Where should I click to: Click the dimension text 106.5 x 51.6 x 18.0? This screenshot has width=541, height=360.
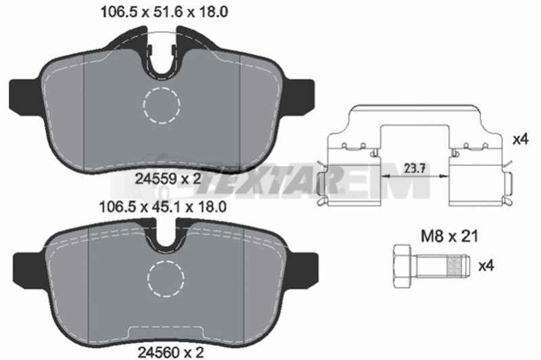pos(164,12)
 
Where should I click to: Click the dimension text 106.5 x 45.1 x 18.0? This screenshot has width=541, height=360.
pos(162,207)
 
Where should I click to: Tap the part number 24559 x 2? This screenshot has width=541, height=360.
pos(168,179)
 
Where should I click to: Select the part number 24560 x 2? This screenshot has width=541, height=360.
pos(171,352)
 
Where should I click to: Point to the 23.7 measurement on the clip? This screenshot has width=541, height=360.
pos(415,168)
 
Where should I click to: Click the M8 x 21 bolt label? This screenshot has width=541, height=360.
pos(450,237)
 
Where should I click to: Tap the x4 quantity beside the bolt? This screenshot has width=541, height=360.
pos(486,266)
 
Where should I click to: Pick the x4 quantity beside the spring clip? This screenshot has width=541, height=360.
pos(521,139)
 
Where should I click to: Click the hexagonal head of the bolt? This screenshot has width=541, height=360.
pos(402,266)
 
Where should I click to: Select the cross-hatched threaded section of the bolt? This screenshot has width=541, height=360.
pos(454,266)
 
